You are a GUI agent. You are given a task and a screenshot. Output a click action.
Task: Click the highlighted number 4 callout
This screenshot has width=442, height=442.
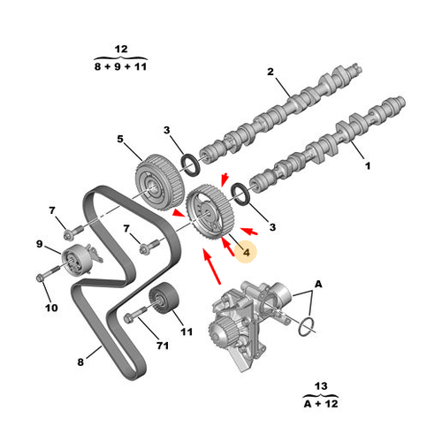(246, 252)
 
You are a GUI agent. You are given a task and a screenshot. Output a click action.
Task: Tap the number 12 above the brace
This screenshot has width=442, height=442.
(121, 49)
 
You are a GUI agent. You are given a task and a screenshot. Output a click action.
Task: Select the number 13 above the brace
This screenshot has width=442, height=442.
(321, 386)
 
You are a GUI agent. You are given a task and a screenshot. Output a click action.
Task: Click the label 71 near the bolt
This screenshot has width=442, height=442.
(163, 346)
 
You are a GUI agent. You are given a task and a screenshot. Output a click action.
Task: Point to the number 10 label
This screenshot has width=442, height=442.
(51, 308)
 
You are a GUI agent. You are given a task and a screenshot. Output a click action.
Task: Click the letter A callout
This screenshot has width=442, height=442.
(318, 285)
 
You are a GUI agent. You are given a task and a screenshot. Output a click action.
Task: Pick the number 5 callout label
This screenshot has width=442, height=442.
(120, 139)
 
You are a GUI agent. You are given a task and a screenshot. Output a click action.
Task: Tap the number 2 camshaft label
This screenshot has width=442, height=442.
(271, 72)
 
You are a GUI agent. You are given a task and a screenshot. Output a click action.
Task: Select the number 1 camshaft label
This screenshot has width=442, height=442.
(368, 166)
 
